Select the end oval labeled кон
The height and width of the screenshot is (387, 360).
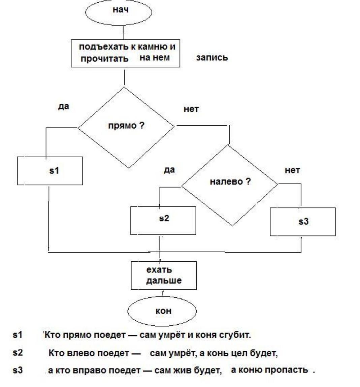tap(162, 311)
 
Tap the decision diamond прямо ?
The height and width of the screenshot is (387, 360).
tap(126, 127)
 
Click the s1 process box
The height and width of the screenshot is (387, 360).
tap(50, 171)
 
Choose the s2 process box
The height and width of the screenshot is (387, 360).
tap(163, 220)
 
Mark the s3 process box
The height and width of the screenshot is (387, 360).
tap(302, 222)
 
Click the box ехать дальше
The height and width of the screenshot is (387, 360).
tap(164, 275)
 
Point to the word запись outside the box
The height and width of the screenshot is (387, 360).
tap(212, 58)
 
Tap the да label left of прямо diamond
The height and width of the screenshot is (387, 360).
tap(64, 106)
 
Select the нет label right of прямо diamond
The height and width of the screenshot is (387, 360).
tap(191, 109)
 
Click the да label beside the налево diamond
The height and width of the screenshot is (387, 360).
tap(169, 170)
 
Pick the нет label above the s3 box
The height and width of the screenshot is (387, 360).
tap(292, 170)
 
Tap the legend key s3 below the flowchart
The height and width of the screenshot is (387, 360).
tap(18, 370)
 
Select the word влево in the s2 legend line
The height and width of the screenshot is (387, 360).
tap(82, 353)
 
